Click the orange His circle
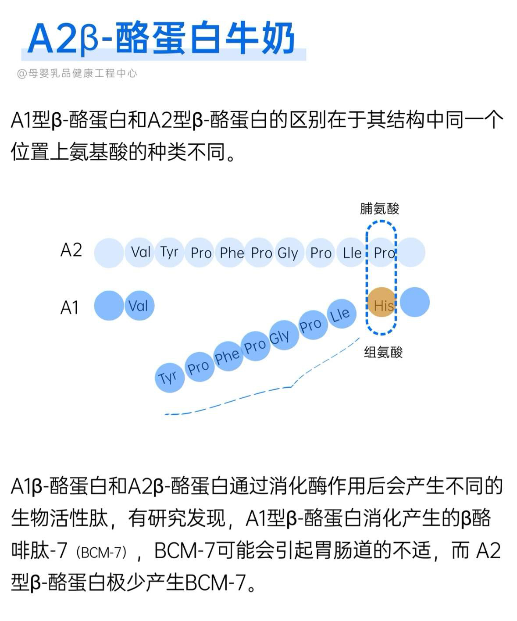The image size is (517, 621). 382,302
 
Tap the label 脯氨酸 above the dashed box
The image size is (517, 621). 379,209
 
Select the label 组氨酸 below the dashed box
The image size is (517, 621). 383,352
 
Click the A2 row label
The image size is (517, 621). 71,250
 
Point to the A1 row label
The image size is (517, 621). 70,307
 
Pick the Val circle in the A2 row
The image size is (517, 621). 140,252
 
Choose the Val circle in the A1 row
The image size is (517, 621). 139,305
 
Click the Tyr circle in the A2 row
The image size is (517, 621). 170,252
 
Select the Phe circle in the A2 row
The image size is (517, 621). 232,253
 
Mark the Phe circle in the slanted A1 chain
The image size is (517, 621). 227,356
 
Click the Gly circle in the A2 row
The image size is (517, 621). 288,253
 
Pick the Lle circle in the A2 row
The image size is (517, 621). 352,253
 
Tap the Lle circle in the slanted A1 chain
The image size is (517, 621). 340,314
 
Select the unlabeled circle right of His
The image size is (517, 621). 414,302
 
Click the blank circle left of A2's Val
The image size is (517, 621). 109,253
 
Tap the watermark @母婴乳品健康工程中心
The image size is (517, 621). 77,73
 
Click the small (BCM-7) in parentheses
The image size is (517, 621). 101,552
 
